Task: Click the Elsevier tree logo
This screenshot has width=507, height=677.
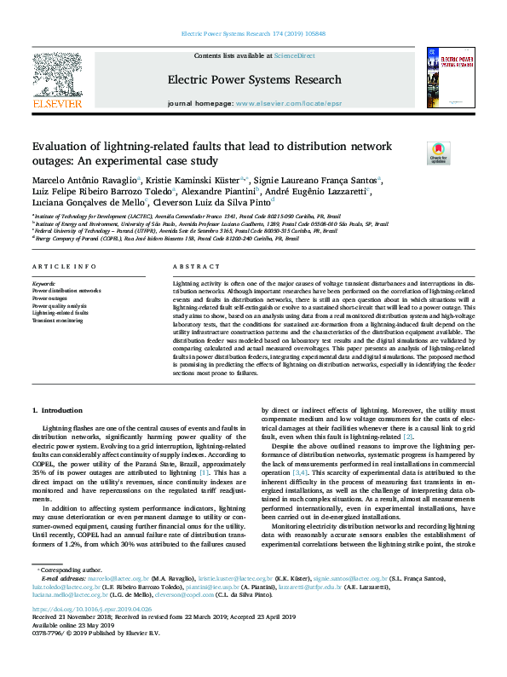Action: (x=57, y=77)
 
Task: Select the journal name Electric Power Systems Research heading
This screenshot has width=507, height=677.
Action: (x=254, y=80)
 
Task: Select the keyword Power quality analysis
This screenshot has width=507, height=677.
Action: (x=60, y=304)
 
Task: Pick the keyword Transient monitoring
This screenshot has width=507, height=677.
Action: (x=58, y=320)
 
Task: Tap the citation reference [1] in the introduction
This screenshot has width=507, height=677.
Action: (x=203, y=472)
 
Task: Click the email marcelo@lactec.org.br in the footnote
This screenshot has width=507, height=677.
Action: (x=105, y=578)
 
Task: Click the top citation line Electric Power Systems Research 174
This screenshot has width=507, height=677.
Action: (x=254, y=34)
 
